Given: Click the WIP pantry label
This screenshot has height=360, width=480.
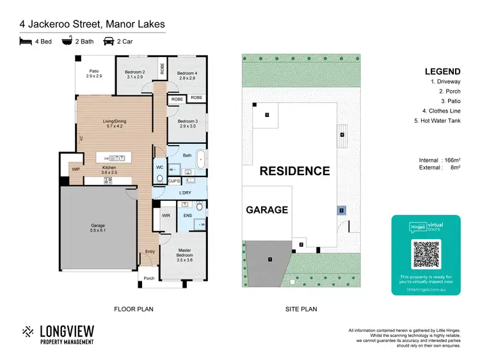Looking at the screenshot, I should (76, 169).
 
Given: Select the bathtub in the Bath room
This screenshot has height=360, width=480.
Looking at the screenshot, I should (202, 159).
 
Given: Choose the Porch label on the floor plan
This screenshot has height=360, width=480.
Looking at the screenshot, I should (148, 278).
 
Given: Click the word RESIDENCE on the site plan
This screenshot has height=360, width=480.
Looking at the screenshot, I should (294, 171).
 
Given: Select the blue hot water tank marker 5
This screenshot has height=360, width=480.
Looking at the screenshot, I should (342, 210).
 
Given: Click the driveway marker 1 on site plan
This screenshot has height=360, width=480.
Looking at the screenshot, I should (270, 259).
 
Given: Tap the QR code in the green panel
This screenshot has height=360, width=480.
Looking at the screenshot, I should (426, 254).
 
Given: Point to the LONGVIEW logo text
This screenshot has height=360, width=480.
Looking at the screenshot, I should (67, 331).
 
